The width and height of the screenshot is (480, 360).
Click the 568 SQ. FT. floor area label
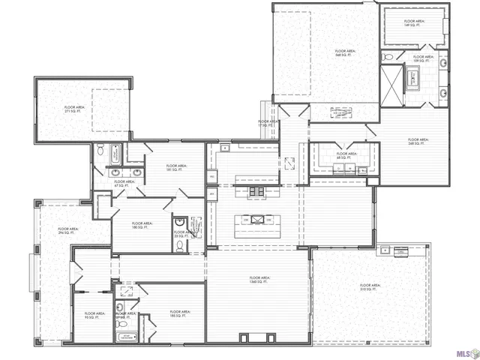click(x=344, y=53)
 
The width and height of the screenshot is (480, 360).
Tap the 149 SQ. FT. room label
click(x=414, y=23)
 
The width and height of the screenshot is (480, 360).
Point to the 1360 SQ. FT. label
click(x=259, y=280)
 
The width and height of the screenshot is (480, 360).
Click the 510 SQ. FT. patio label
click(x=370, y=287)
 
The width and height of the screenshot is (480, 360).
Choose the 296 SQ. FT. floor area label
click(x=68, y=231)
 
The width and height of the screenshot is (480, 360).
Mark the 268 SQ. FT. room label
click(x=418, y=141)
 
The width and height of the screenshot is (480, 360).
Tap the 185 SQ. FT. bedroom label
click(x=180, y=313)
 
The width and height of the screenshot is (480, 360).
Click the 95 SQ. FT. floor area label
click(x=94, y=316)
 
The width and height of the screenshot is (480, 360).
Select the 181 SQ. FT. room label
click(x=175, y=167)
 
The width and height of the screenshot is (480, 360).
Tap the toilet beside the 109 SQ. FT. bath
click(x=385, y=57)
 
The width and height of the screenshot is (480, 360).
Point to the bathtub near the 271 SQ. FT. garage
click(x=103, y=150)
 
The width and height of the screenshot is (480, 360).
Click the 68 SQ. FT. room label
click(x=346, y=156)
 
